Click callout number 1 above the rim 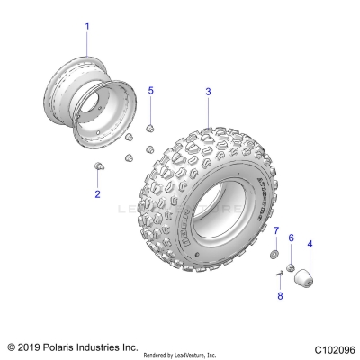click(87, 26)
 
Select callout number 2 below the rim click(97, 193)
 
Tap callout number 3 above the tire click(208, 92)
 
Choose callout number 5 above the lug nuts click(150, 91)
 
